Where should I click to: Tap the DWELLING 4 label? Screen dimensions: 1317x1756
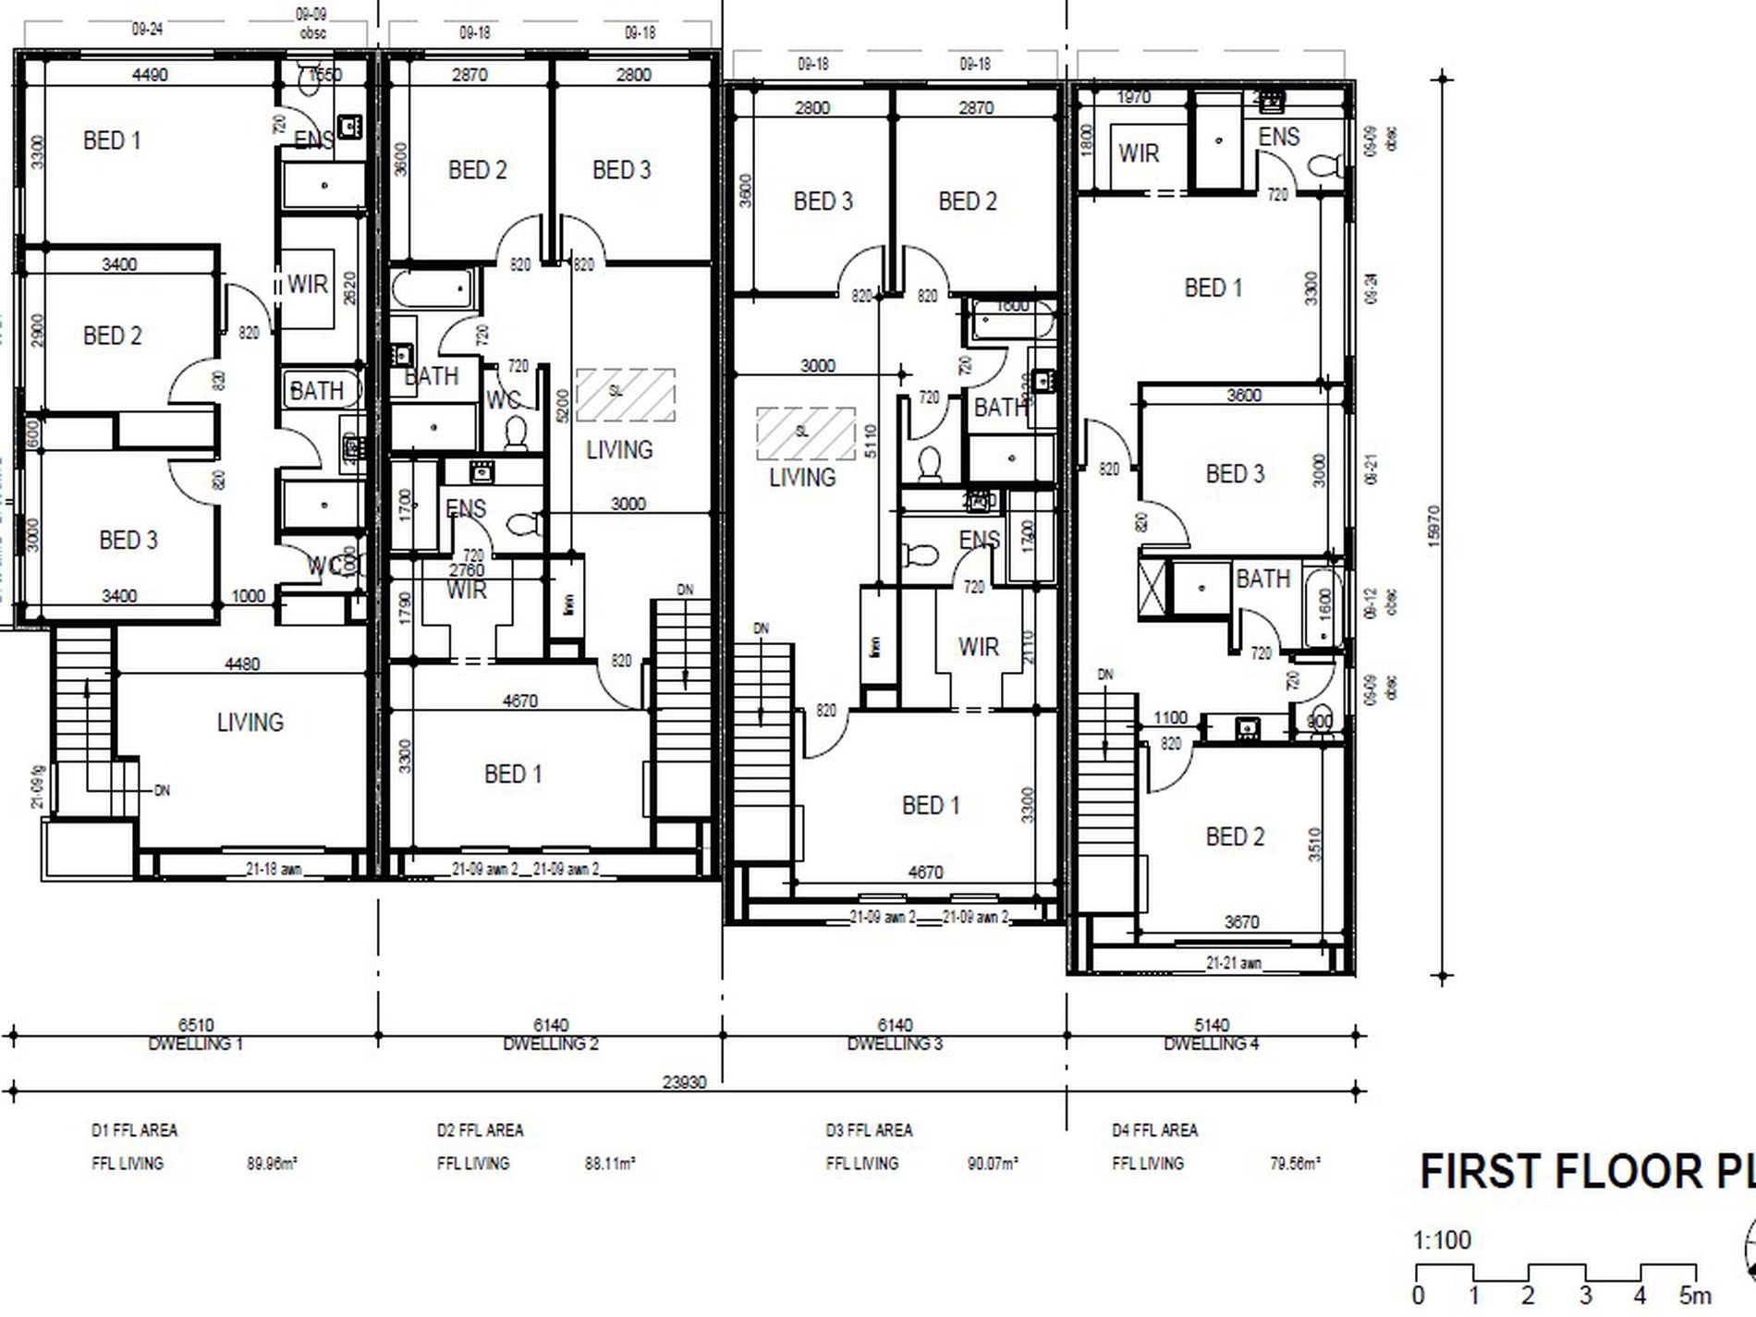1211,1044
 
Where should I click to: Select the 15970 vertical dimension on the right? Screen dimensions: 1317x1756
1434,526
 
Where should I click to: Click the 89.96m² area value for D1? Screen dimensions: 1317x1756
272,1165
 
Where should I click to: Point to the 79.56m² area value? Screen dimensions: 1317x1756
1295,1165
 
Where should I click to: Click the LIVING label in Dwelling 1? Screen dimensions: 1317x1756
250,723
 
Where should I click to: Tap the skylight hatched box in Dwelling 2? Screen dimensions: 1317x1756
626,395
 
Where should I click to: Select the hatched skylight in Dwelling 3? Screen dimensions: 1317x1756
806,433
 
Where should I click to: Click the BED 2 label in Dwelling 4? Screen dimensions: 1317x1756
1235,837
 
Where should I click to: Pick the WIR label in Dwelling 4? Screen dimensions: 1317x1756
1138,153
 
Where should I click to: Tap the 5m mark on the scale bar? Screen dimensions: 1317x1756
1695,1296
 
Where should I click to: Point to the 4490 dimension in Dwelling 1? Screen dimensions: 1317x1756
150,75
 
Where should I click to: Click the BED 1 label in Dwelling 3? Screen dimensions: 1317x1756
931,806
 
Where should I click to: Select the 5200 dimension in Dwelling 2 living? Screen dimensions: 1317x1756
563,404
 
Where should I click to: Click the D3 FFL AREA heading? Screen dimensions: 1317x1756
869,1130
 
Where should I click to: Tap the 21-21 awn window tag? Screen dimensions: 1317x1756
1233,963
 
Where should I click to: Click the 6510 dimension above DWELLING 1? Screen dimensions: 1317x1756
196,1025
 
